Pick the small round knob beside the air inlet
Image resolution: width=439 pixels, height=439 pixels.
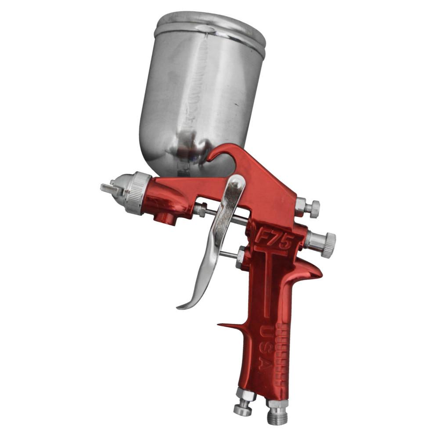click(x=242, y=409)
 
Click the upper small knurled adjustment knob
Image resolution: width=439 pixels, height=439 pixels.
click(x=313, y=209)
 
